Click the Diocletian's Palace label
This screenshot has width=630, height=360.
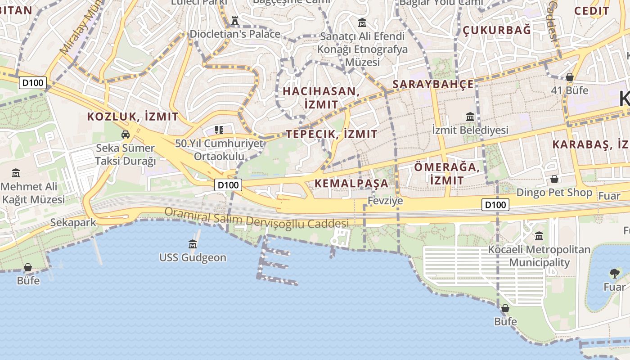(235, 34)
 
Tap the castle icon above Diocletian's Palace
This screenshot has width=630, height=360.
(234, 20)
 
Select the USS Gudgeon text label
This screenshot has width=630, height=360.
(193, 258)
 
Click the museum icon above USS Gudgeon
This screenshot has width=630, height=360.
(193, 244)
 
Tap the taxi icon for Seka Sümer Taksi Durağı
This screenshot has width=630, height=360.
(126, 134)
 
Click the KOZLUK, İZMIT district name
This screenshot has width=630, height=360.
(133, 117)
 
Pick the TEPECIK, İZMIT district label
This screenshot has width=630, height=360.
(332, 134)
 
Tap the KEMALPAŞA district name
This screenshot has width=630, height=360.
(351, 183)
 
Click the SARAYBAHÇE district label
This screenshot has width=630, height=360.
(433, 84)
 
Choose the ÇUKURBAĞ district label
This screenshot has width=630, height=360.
(497, 30)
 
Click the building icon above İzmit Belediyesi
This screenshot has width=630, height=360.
(470, 117)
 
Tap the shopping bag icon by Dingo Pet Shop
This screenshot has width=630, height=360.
(554, 179)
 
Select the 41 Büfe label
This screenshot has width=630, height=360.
(570, 90)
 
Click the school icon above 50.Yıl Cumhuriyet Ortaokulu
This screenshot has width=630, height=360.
(219, 130)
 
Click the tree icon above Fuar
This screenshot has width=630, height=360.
(614, 273)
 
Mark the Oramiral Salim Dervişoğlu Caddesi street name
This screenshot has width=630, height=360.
(256, 218)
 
